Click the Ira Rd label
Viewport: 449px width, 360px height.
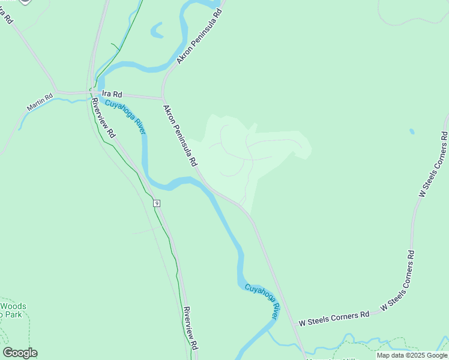tap(112, 94)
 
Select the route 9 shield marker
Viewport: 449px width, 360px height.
tap(157, 203)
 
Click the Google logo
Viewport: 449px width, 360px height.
tap(20, 353)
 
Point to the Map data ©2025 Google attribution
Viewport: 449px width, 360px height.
tap(412, 355)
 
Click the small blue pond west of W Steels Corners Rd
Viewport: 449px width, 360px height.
tap(411, 131)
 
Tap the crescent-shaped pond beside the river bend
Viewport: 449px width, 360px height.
tap(158, 30)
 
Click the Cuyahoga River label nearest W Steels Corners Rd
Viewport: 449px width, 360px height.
tap(264, 299)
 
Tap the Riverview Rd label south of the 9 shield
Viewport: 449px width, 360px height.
tap(191, 329)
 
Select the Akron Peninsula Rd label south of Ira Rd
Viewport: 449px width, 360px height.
tap(180, 136)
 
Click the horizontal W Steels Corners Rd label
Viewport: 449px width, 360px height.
tap(334, 317)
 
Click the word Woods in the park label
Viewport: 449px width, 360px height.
tap(13, 306)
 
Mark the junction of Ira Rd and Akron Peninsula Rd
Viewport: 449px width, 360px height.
tap(163, 98)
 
